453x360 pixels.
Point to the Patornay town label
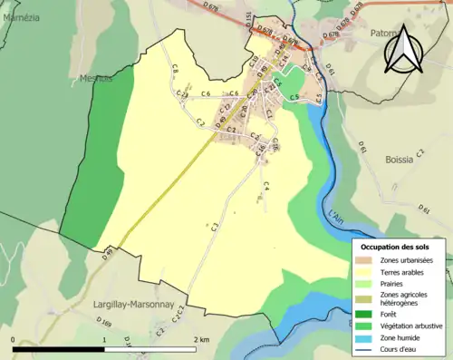click(385, 34)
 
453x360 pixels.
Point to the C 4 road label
click(266, 187)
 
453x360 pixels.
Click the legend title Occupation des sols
click(397, 246)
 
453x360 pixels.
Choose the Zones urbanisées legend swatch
click(365, 260)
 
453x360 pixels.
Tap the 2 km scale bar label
click(201, 339)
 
